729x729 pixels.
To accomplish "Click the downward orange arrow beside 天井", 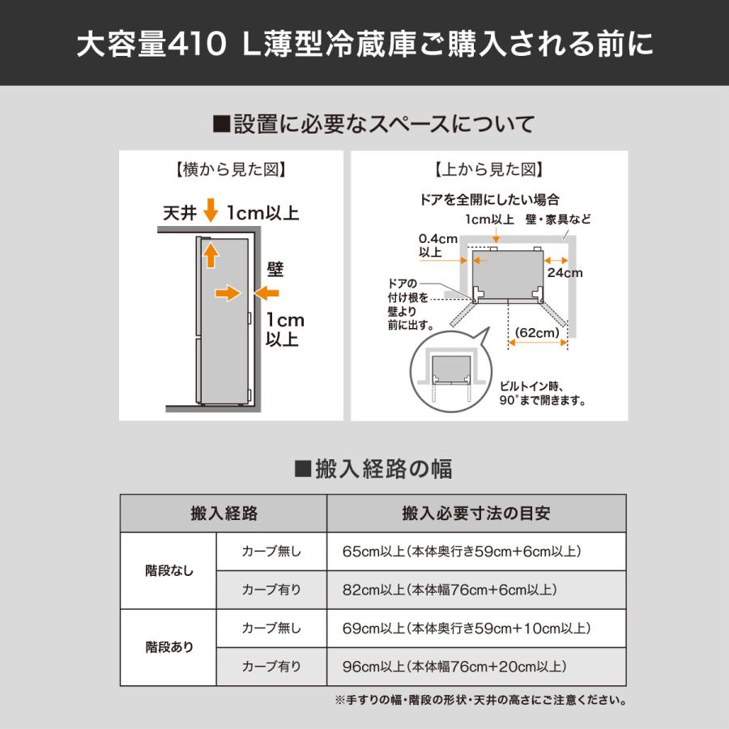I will (x=211, y=212).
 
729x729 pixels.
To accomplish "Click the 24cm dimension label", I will (x=564, y=273).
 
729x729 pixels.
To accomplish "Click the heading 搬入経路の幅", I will (x=373, y=468).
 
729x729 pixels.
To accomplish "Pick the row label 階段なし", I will (x=168, y=570).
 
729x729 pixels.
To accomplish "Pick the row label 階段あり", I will (x=168, y=647).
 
